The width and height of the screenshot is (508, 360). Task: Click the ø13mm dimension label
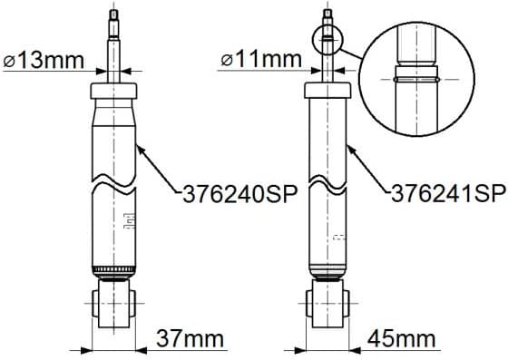41,61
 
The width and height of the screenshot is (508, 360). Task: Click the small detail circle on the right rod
328,38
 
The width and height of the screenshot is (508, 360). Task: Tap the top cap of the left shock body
113,91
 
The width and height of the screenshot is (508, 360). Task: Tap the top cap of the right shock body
327,91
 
